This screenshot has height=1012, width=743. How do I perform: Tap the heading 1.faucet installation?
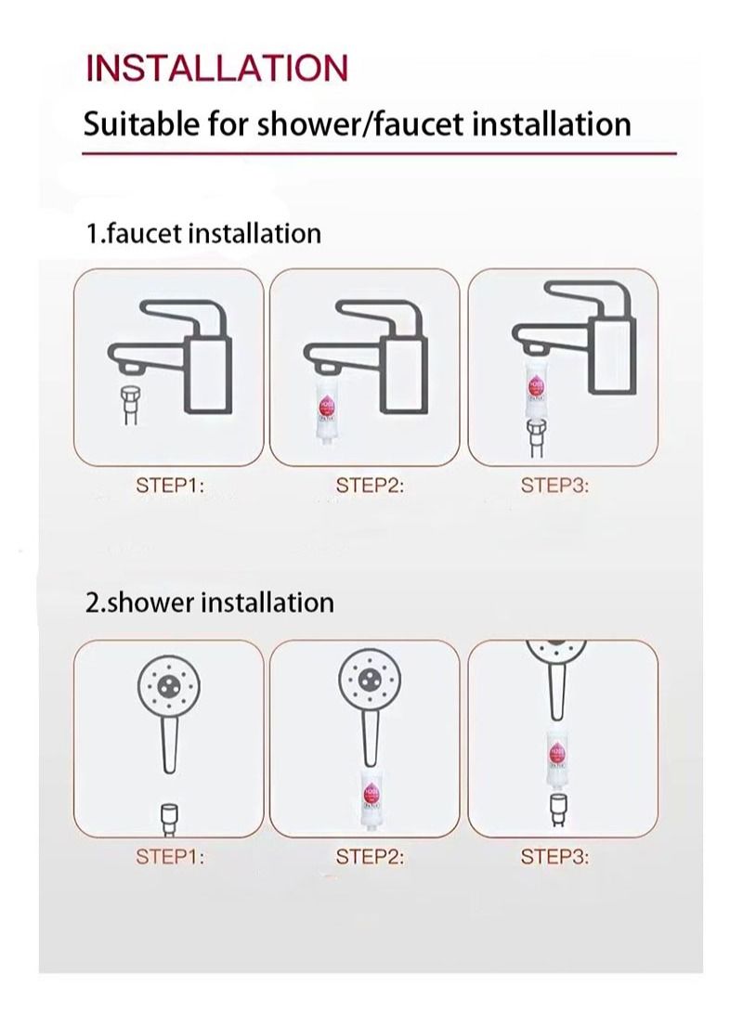pyautogui.click(x=203, y=233)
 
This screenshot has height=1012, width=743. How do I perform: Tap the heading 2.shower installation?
pyautogui.click(x=209, y=602)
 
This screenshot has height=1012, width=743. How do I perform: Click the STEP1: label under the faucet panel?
pyautogui.click(x=170, y=485)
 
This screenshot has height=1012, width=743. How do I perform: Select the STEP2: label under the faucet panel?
pyautogui.click(x=370, y=485)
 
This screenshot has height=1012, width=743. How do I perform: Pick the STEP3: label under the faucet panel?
pyautogui.click(x=554, y=485)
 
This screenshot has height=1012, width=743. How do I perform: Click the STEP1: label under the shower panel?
pyautogui.click(x=170, y=856)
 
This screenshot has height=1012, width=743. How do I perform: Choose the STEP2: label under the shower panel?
pyautogui.click(x=370, y=856)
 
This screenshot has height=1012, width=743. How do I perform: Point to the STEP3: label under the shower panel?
pyautogui.click(x=554, y=856)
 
